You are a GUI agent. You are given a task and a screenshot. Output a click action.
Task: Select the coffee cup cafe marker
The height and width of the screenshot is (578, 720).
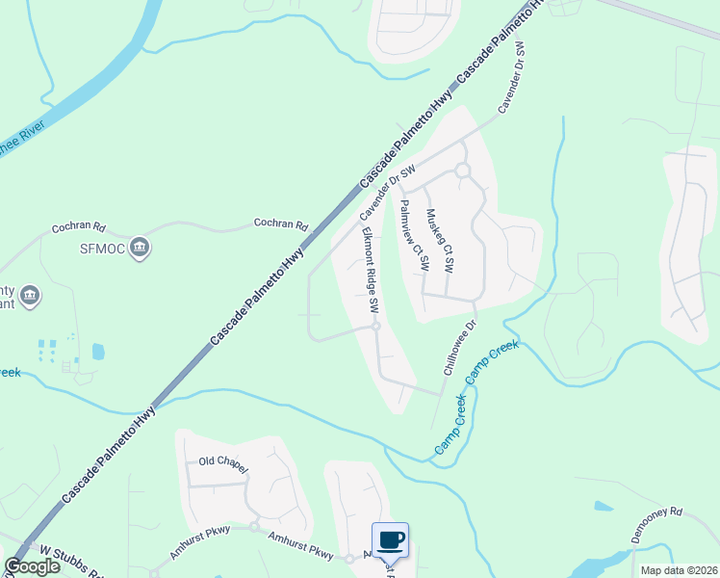pos(390,540)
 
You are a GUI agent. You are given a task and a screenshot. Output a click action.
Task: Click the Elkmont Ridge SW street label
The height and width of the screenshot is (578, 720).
pos(370,271)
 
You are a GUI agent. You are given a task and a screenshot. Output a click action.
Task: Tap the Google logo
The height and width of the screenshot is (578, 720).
pos(33,566)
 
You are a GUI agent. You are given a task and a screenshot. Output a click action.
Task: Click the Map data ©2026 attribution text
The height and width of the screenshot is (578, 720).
pos(679,569)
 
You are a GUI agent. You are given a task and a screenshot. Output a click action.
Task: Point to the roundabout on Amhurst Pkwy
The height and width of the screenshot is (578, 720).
pos(255,527)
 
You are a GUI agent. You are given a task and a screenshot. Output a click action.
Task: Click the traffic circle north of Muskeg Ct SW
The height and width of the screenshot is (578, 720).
pos(462,171)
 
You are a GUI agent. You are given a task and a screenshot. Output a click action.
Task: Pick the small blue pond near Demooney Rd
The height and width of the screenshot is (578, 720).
pos(604,506)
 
